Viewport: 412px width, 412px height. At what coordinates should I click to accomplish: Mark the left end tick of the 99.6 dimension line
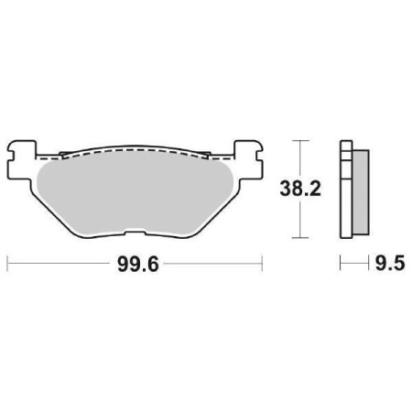[x=7, y=264]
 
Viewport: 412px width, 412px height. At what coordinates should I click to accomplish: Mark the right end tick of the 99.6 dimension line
[x=263, y=264]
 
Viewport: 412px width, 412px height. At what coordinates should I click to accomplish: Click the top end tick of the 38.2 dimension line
[x=299, y=141]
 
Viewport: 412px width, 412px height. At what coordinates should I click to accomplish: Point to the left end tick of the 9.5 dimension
[x=341, y=264]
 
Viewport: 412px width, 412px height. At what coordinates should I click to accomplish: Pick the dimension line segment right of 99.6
[x=211, y=264]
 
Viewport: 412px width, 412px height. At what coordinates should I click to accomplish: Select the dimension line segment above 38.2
[x=299, y=159]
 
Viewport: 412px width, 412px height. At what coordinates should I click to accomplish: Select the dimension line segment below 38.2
[x=299, y=220]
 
